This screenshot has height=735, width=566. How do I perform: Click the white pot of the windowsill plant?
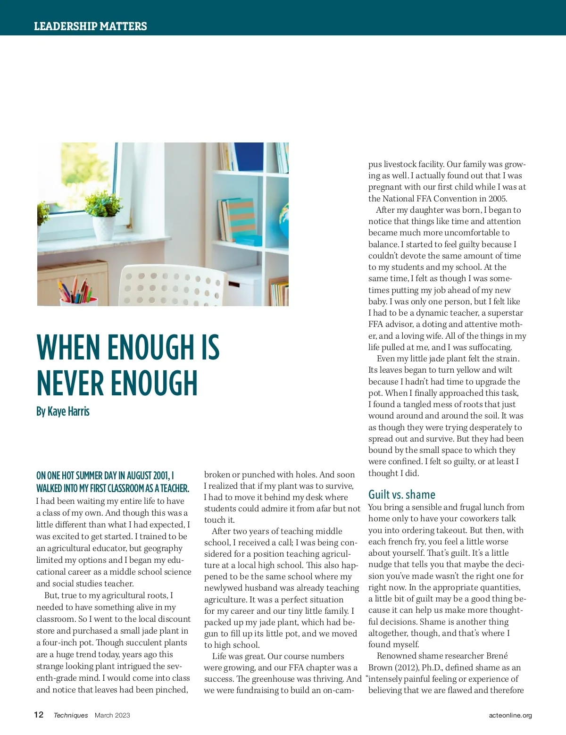point(103,228)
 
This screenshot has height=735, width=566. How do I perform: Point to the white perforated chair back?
point(170,286)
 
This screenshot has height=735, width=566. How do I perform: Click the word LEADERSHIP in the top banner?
point(64,26)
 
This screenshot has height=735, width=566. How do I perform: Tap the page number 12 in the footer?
point(39,715)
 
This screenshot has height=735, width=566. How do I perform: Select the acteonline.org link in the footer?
point(510,715)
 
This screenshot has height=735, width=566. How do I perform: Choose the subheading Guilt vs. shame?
point(401,494)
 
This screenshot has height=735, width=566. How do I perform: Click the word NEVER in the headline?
point(70,383)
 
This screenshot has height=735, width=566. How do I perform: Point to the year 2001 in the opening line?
point(161,476)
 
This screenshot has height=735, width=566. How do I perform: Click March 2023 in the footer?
point(112,715)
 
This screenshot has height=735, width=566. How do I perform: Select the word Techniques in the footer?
point(71,715)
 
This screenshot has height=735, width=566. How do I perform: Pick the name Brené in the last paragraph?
point(497,656)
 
